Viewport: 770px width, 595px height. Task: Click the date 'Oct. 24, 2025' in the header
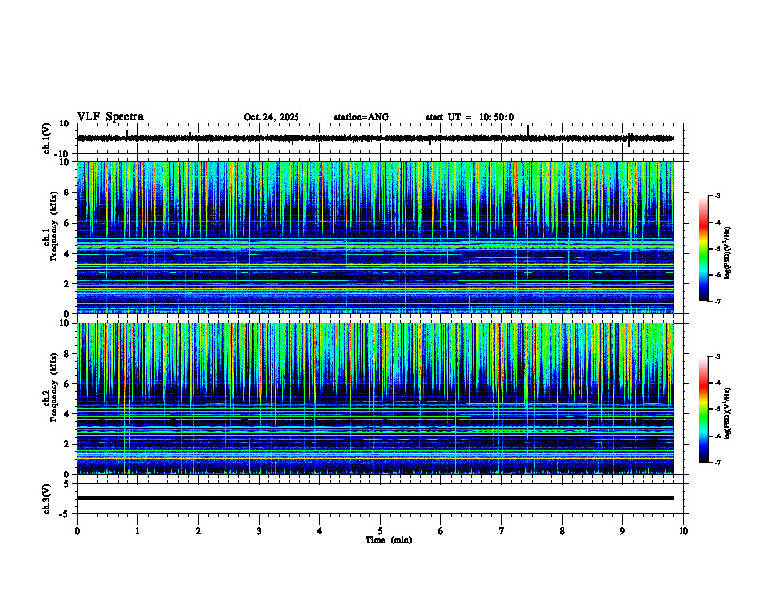coord(270,117)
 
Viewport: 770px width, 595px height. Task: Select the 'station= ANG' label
coord(361,117)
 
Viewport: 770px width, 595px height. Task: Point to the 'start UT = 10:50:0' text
coord(470,117)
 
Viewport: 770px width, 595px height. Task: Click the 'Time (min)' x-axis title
coord(388,539)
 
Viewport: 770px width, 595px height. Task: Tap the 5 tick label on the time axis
coord(380,531)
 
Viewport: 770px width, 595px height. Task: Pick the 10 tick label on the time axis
coord(683,531)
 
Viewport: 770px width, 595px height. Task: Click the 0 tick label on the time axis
coord(77,531)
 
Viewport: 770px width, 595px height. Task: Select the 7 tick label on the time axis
coord(502,531)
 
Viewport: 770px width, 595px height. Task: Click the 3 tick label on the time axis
coord(259,531)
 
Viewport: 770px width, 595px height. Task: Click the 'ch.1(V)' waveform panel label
coord(46,138)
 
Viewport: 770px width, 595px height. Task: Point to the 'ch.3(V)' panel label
coord(46,497)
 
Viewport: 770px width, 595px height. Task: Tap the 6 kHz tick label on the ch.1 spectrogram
coord(66,223)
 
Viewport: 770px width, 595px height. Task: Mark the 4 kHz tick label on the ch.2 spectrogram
coord(66,413)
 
